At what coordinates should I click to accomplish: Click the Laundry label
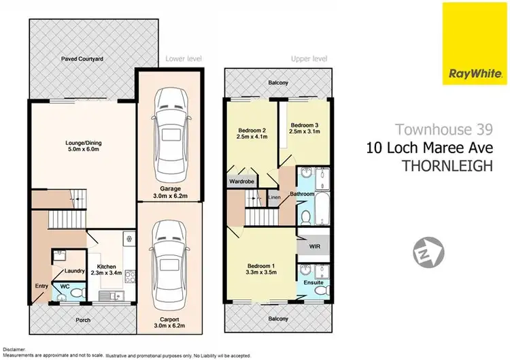pos(74,271)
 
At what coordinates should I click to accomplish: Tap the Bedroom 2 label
pos(251,134)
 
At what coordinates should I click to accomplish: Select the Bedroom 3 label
pos(304,129)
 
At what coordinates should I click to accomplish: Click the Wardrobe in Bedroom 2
pos(241,182)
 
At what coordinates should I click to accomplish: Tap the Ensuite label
pos(312,282)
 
